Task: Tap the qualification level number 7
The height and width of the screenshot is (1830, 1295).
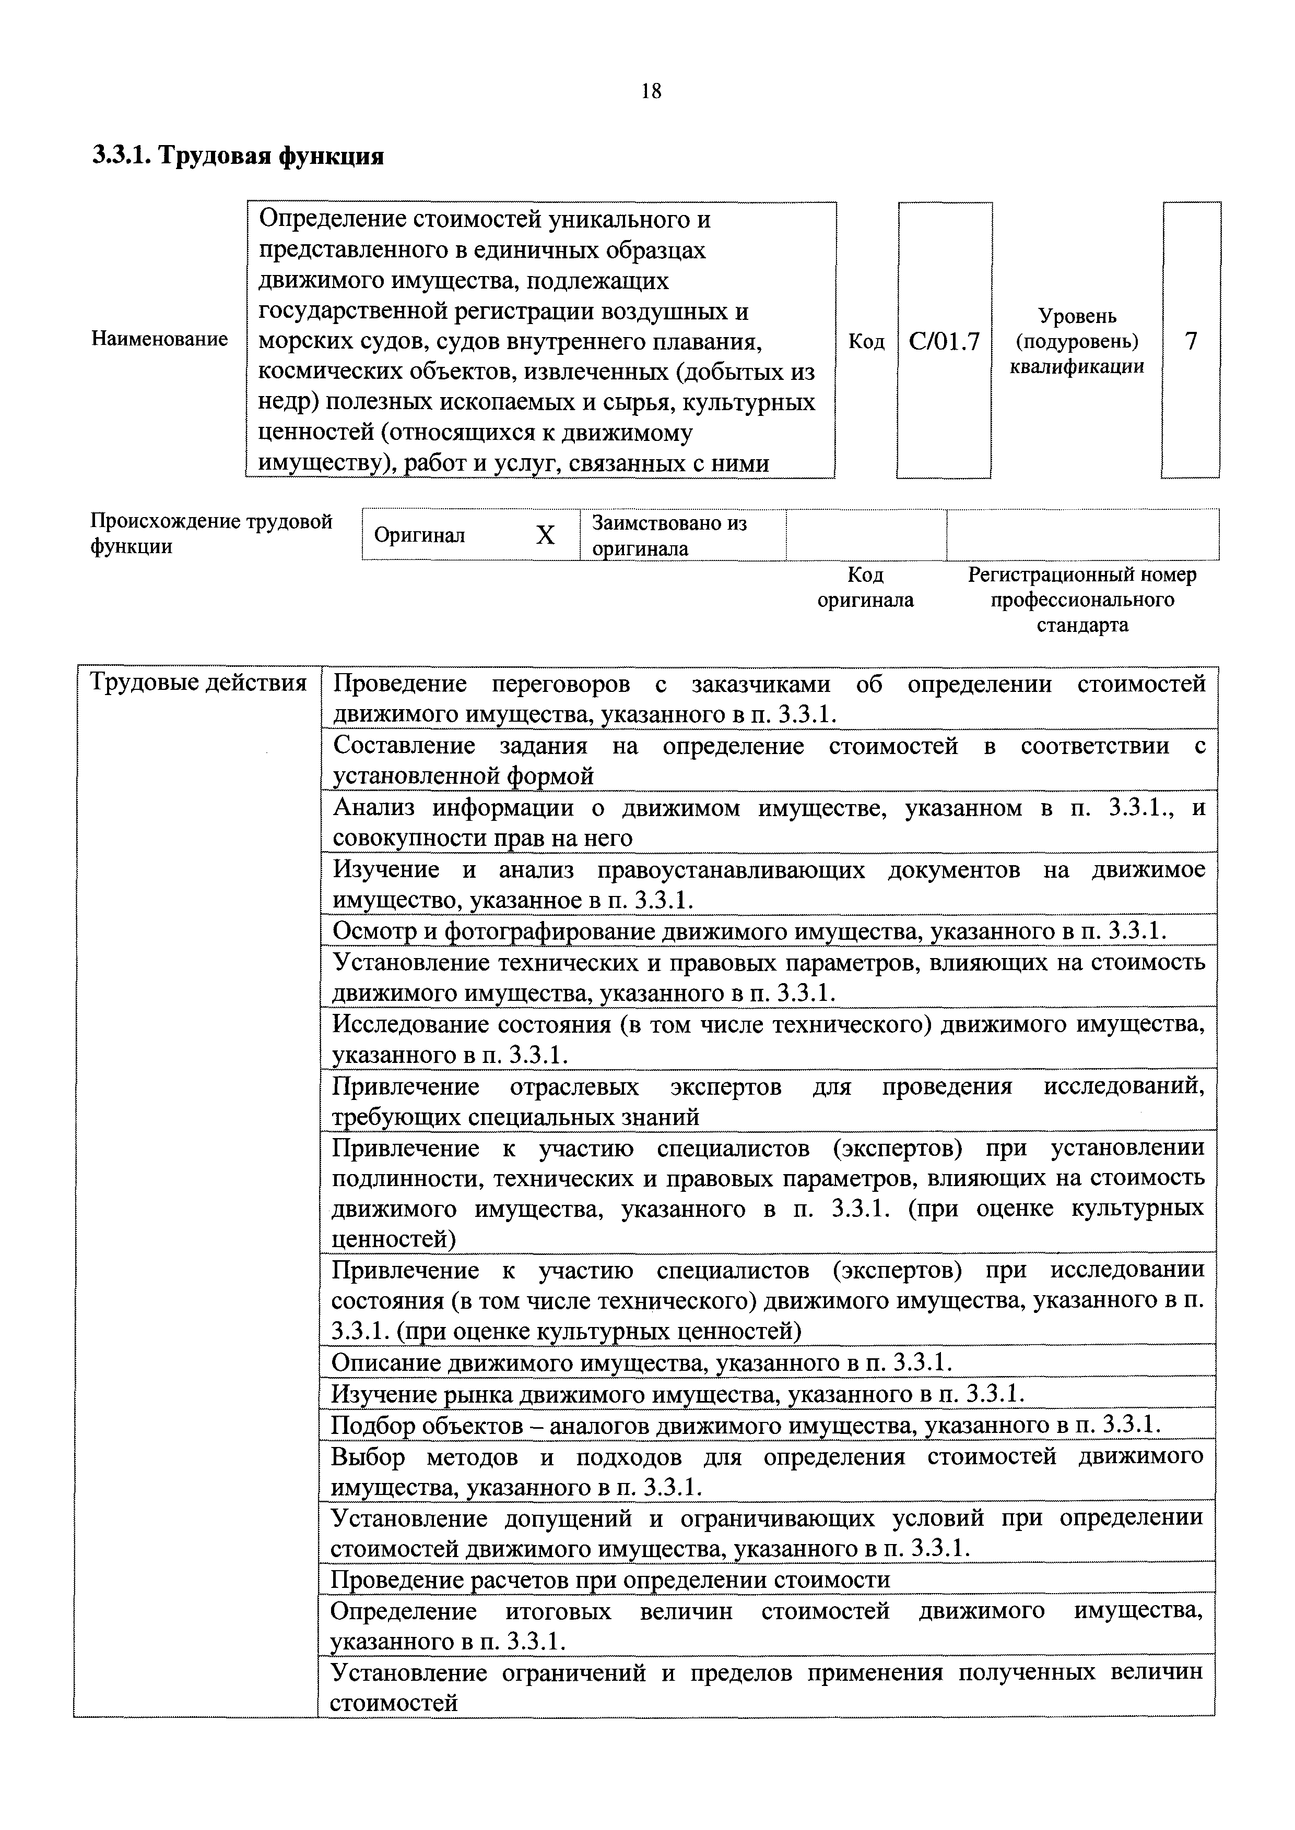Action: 1191,341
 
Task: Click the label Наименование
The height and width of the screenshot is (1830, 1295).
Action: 159,339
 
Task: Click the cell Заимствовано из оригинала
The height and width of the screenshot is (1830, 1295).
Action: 670,535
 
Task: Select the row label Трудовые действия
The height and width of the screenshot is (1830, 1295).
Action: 198,683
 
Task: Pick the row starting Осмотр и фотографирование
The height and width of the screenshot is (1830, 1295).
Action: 749,931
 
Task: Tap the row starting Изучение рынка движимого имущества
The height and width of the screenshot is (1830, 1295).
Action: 677,1393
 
